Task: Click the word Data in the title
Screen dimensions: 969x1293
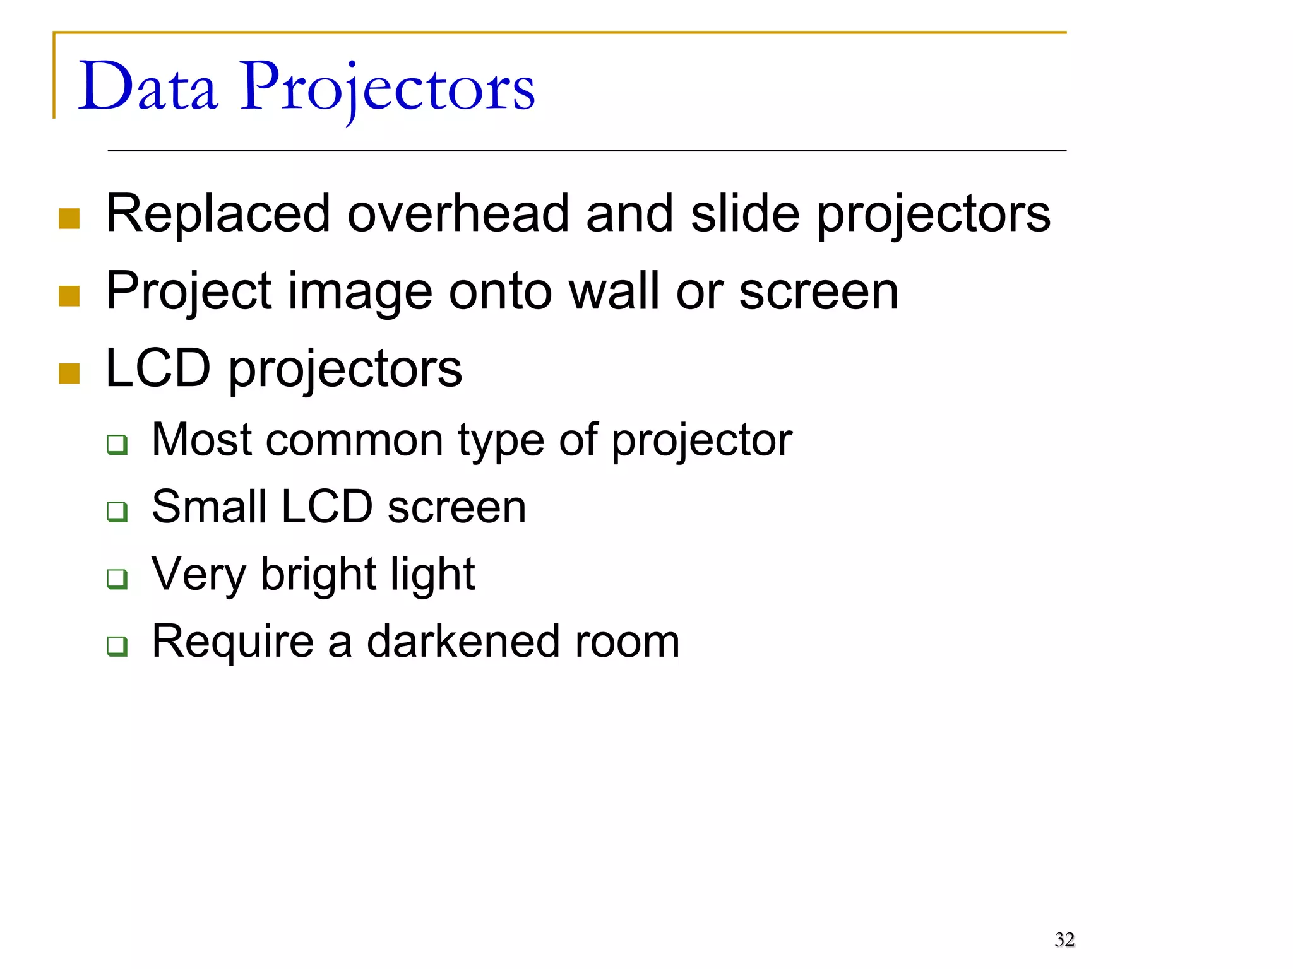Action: [148, 86]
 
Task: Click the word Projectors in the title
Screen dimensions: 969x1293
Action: [387, 88]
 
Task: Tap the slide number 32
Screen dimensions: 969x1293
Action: [1064, 939]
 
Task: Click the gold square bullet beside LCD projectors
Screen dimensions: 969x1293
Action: [69, 373]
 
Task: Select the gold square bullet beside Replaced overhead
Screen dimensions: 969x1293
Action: [69, 218]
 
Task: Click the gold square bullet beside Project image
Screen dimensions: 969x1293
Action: [69, 296]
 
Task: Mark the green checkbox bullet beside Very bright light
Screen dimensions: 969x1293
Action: [117, 578]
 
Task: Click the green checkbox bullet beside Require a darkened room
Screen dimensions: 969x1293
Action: [117, 646]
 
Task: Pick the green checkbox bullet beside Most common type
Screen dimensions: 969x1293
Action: [117, 445]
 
